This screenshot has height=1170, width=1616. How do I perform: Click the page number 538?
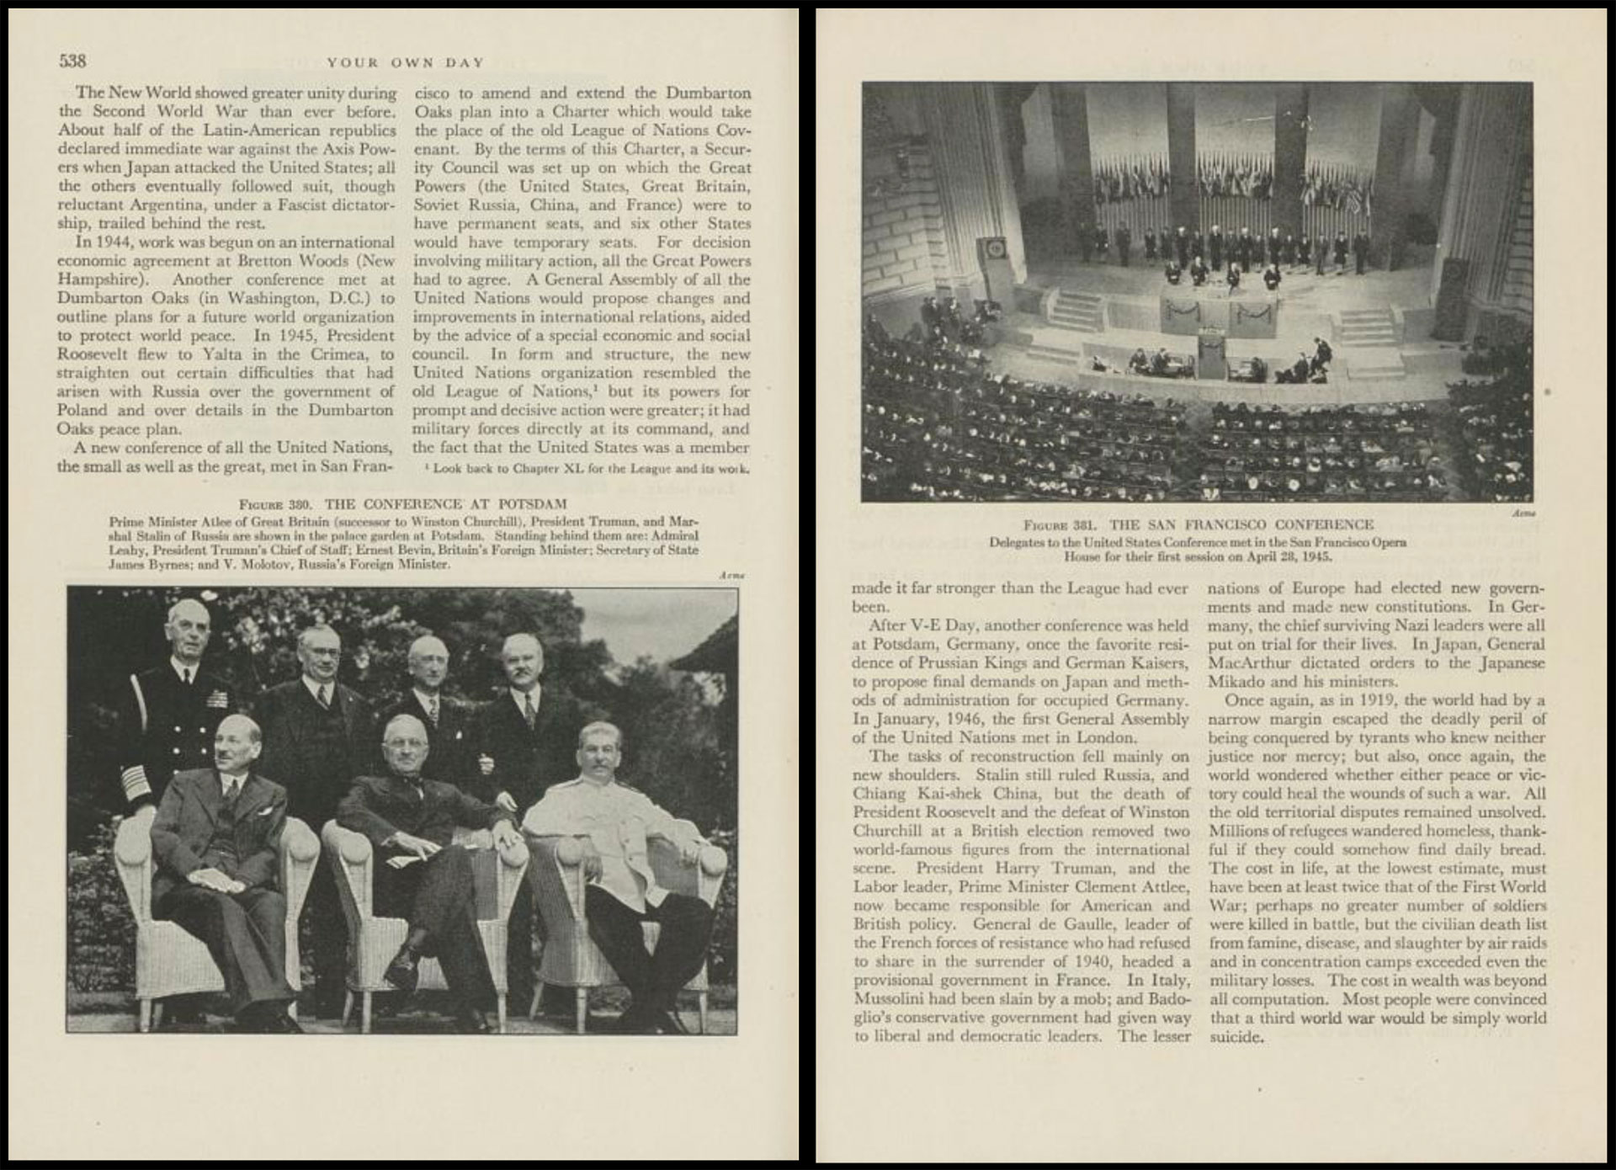(x=72, y=61)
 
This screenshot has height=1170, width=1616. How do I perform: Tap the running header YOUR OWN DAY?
(x=406, y=62)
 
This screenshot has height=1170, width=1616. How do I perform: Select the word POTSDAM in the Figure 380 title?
(x=532, y=504)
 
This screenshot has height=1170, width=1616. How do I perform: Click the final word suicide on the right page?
(x=1236, y=1037)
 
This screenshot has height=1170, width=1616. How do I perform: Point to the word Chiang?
(x=880, y=794)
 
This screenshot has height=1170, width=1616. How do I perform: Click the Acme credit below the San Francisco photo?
(x=1523, y=512)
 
